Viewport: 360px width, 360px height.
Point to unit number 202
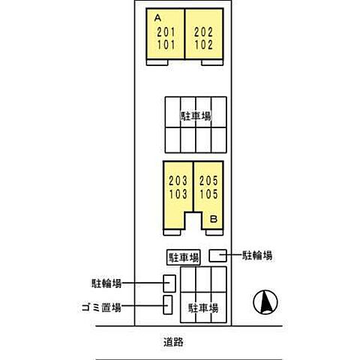pos(204,32)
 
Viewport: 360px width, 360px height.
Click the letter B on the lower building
pos(213,220)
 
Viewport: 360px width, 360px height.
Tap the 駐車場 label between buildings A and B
pos(195,116)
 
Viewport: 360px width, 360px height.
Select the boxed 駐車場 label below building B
pos(184,257)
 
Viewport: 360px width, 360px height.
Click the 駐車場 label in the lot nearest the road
pos(202,308)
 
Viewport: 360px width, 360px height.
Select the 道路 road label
pos(173,343)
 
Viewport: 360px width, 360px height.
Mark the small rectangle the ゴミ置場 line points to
pos(168,306)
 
